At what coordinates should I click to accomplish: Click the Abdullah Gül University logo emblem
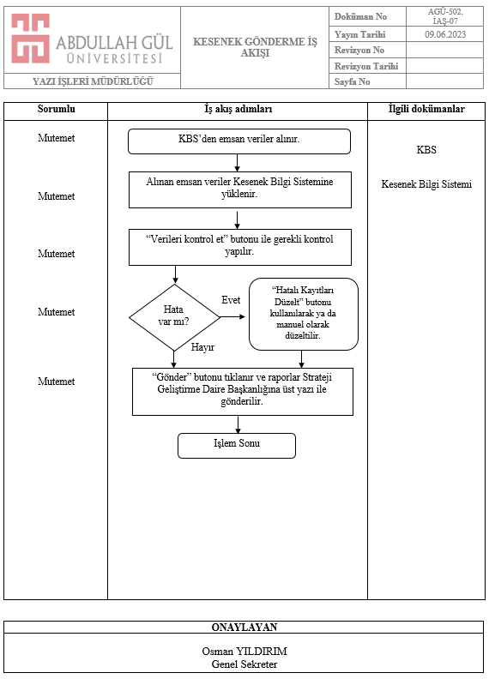[x=30, y=38]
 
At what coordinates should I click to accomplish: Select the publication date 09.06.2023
[x=445, y=34]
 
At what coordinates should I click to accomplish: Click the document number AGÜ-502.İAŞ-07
[x=445, y=16]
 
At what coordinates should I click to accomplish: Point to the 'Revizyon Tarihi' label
[x=366, y=66]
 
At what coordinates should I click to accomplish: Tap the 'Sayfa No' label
[x=352, y=81]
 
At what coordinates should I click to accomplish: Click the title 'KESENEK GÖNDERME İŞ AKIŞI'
[x=255, y=47]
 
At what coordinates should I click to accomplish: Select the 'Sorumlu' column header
[x=57, y=109]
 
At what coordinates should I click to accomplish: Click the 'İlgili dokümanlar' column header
[x=426, y=109]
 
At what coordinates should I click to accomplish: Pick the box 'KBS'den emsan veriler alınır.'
[x=239, y=141]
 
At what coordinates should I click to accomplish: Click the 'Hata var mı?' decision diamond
[x=174, y=317]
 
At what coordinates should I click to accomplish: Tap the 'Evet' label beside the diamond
[x=231, y=300]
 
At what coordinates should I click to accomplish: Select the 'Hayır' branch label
[x=202, y=347]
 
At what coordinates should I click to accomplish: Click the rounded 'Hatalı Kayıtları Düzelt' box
[x=304, y=314]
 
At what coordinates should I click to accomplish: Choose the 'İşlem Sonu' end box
[x=237, y=446]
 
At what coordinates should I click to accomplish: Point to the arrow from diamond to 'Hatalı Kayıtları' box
[x=232, y=317]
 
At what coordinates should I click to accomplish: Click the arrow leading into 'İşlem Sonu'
[x=238, y=425]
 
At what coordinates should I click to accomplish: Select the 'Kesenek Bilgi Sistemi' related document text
[x=426, y=184]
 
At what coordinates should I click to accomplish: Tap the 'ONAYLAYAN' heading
[x=244, y=627]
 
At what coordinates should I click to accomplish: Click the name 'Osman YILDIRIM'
[x=244, y=652]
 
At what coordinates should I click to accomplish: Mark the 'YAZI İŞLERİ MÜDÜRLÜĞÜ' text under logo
[x=93, y=81]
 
